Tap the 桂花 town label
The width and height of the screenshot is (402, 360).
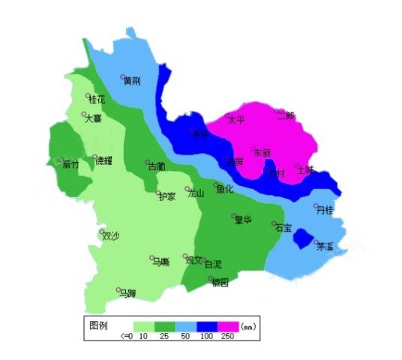pyautogui.click(x=97, y=99)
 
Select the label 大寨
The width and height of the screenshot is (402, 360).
pyautogui.click(x=92, y=118)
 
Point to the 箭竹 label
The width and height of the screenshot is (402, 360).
pyautogui.click(x=71, y=163)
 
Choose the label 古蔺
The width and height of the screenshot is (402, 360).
pyautogui.click(x=156, y=166)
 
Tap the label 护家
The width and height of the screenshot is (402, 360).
pyautogui.click(x=166, y=196)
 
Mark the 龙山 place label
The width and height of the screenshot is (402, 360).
pyautogui.click(x=196, y=193)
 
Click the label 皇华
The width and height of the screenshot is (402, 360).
pyautogui.click(x=242, y=220)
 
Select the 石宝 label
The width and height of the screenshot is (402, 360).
pyautogui.click(x=283, y=227)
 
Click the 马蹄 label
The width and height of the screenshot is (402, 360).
pyautogui.click(x=127, y=293)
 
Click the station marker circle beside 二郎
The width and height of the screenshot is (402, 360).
pyautogui.click(x=277, y=111)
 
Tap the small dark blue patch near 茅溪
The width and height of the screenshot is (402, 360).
pyautogui.click(x=302, y=239)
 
